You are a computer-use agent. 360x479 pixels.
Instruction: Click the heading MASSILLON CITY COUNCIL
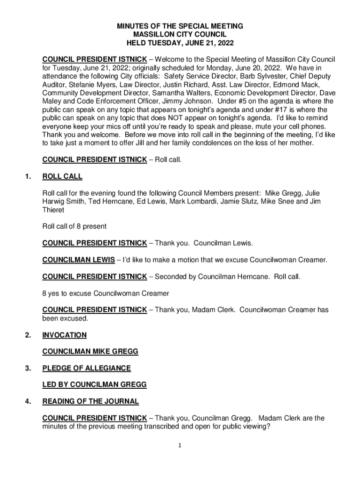click(x=180, y=35)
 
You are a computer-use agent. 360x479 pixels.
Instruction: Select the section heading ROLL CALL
click(x=62, y=176)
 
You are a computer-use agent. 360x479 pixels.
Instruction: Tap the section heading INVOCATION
click(x=65, y=335)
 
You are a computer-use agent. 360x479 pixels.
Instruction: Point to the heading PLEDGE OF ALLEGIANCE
click(x=86, y=368)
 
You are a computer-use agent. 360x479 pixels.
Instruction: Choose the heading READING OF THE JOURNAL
click(x=90, y=401)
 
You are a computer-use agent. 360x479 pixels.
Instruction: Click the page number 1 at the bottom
click(x=180, y=445)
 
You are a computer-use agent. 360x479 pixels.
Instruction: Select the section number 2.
click(x=29, y=335)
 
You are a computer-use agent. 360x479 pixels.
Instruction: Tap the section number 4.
click(x=29, y=401)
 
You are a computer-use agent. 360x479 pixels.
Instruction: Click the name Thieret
click(x=54, y=210)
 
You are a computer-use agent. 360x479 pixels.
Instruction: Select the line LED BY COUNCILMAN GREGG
click(x=94, y=385)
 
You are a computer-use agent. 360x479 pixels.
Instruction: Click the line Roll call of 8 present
click(x=74, y=226)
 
